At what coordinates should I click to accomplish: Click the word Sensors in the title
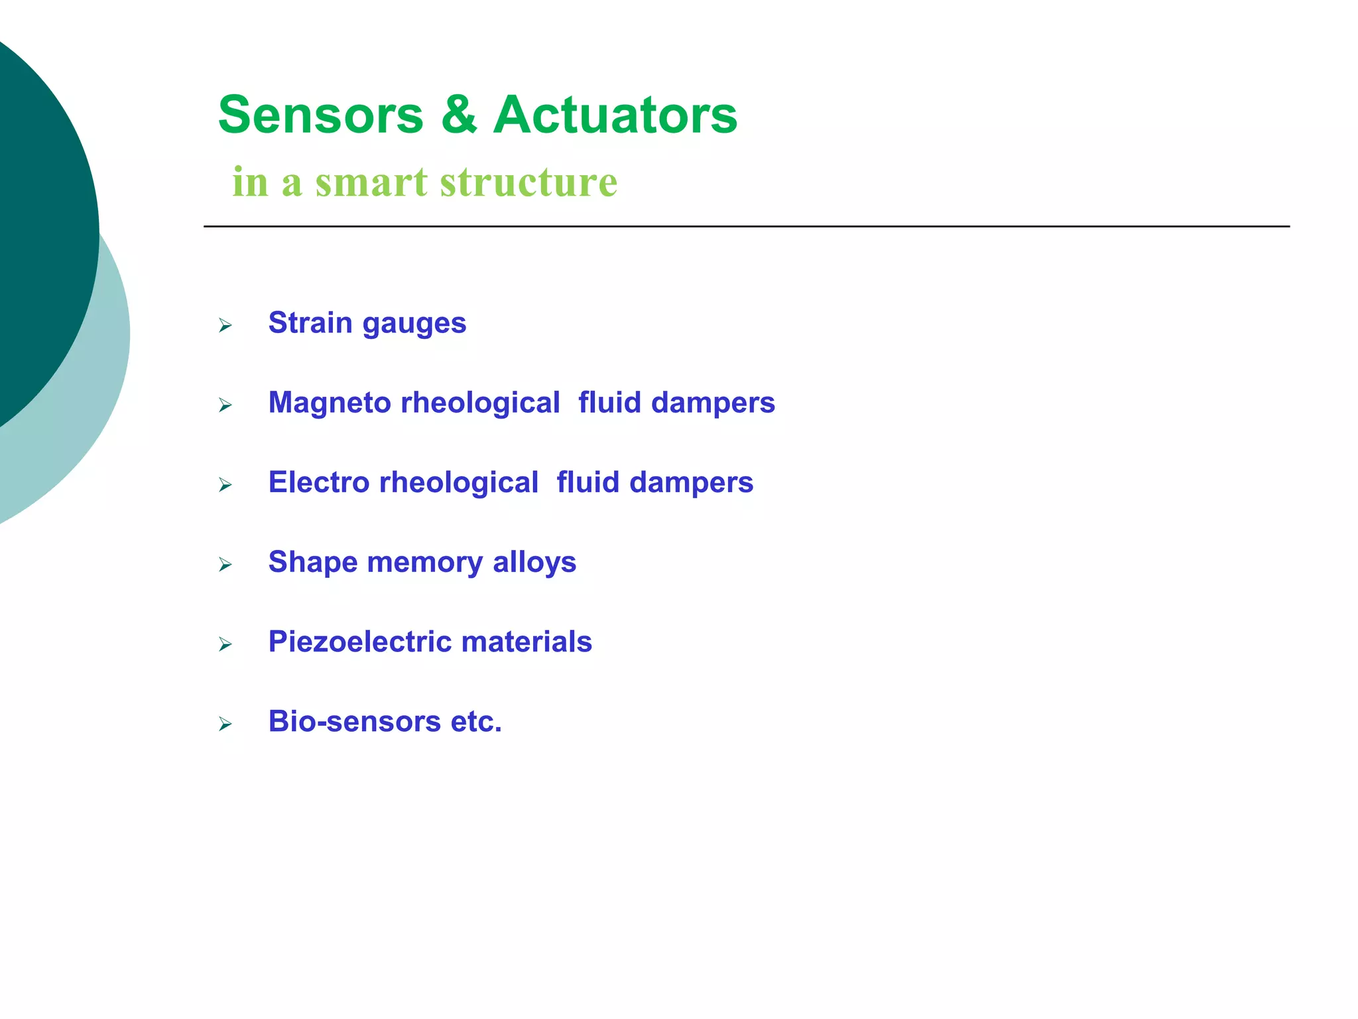click(x=320, y=115)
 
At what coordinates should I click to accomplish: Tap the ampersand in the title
click(x=458, y=115)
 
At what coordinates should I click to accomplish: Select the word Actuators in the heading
click(x=615, y=115)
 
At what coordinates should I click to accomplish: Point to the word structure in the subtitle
click(x=528, y=182)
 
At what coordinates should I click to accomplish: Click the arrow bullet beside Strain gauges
click(x=225, y=325)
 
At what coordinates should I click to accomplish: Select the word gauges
click(x=414, y=324)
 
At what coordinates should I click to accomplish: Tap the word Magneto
click(x=330, y=403)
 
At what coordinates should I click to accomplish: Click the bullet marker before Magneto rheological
click(x=225, y=405)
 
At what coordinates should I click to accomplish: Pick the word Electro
click(x=318, y=482)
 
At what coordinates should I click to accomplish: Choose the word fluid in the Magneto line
click(x=609, y=403)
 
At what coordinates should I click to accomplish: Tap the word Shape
click(x=313, y=563)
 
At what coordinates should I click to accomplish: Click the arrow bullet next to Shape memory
click(x=225, y=565)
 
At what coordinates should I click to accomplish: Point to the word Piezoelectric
click(x=359, y=642)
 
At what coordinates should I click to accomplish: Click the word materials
click(x=526, y=642)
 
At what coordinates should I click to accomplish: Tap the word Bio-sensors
click(x=354, y=722)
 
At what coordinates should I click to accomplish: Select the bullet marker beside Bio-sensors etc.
click(x=225, y=724)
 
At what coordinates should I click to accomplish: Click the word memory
click(x=424, y=563)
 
